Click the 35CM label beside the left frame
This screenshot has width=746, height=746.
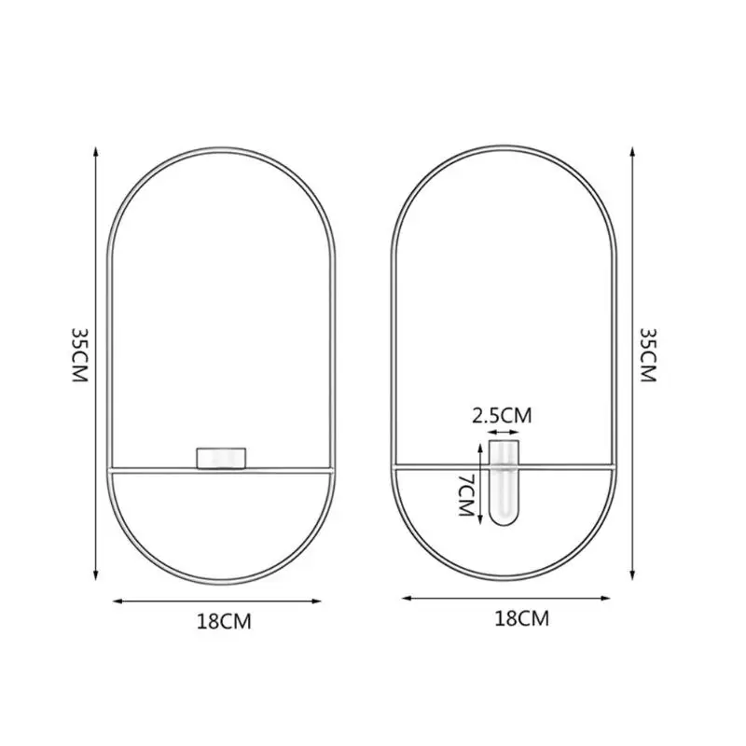coord(80,355)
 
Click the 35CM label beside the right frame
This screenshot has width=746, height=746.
coord(647,355)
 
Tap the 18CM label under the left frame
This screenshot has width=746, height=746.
coord(224,621)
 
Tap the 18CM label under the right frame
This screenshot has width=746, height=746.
coord(522,618)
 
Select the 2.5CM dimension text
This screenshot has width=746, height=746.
coord(502,415)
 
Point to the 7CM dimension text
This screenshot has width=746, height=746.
coord(465,495)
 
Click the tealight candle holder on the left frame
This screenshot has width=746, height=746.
coord(221,458)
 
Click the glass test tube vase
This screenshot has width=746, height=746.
coord(504,483)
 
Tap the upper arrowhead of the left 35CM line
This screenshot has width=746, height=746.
coord(96,152)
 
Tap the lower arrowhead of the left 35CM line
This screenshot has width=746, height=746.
coord(96,575)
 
